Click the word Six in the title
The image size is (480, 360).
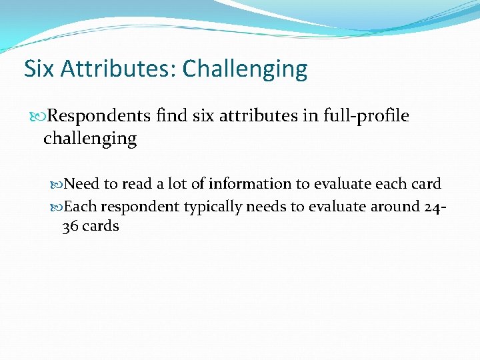38,69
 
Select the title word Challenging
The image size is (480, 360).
245,69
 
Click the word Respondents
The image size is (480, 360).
99,116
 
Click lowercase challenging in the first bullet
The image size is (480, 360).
90,139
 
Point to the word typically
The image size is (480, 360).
212,207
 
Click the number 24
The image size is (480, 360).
432,207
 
